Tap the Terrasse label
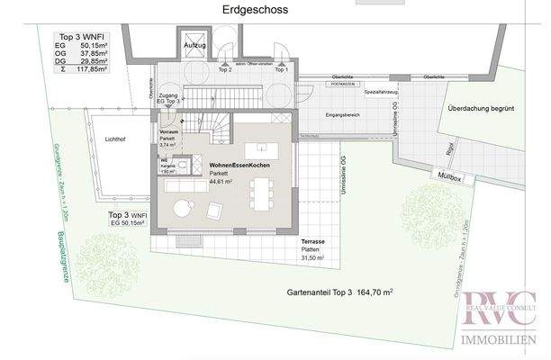[313, 243]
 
